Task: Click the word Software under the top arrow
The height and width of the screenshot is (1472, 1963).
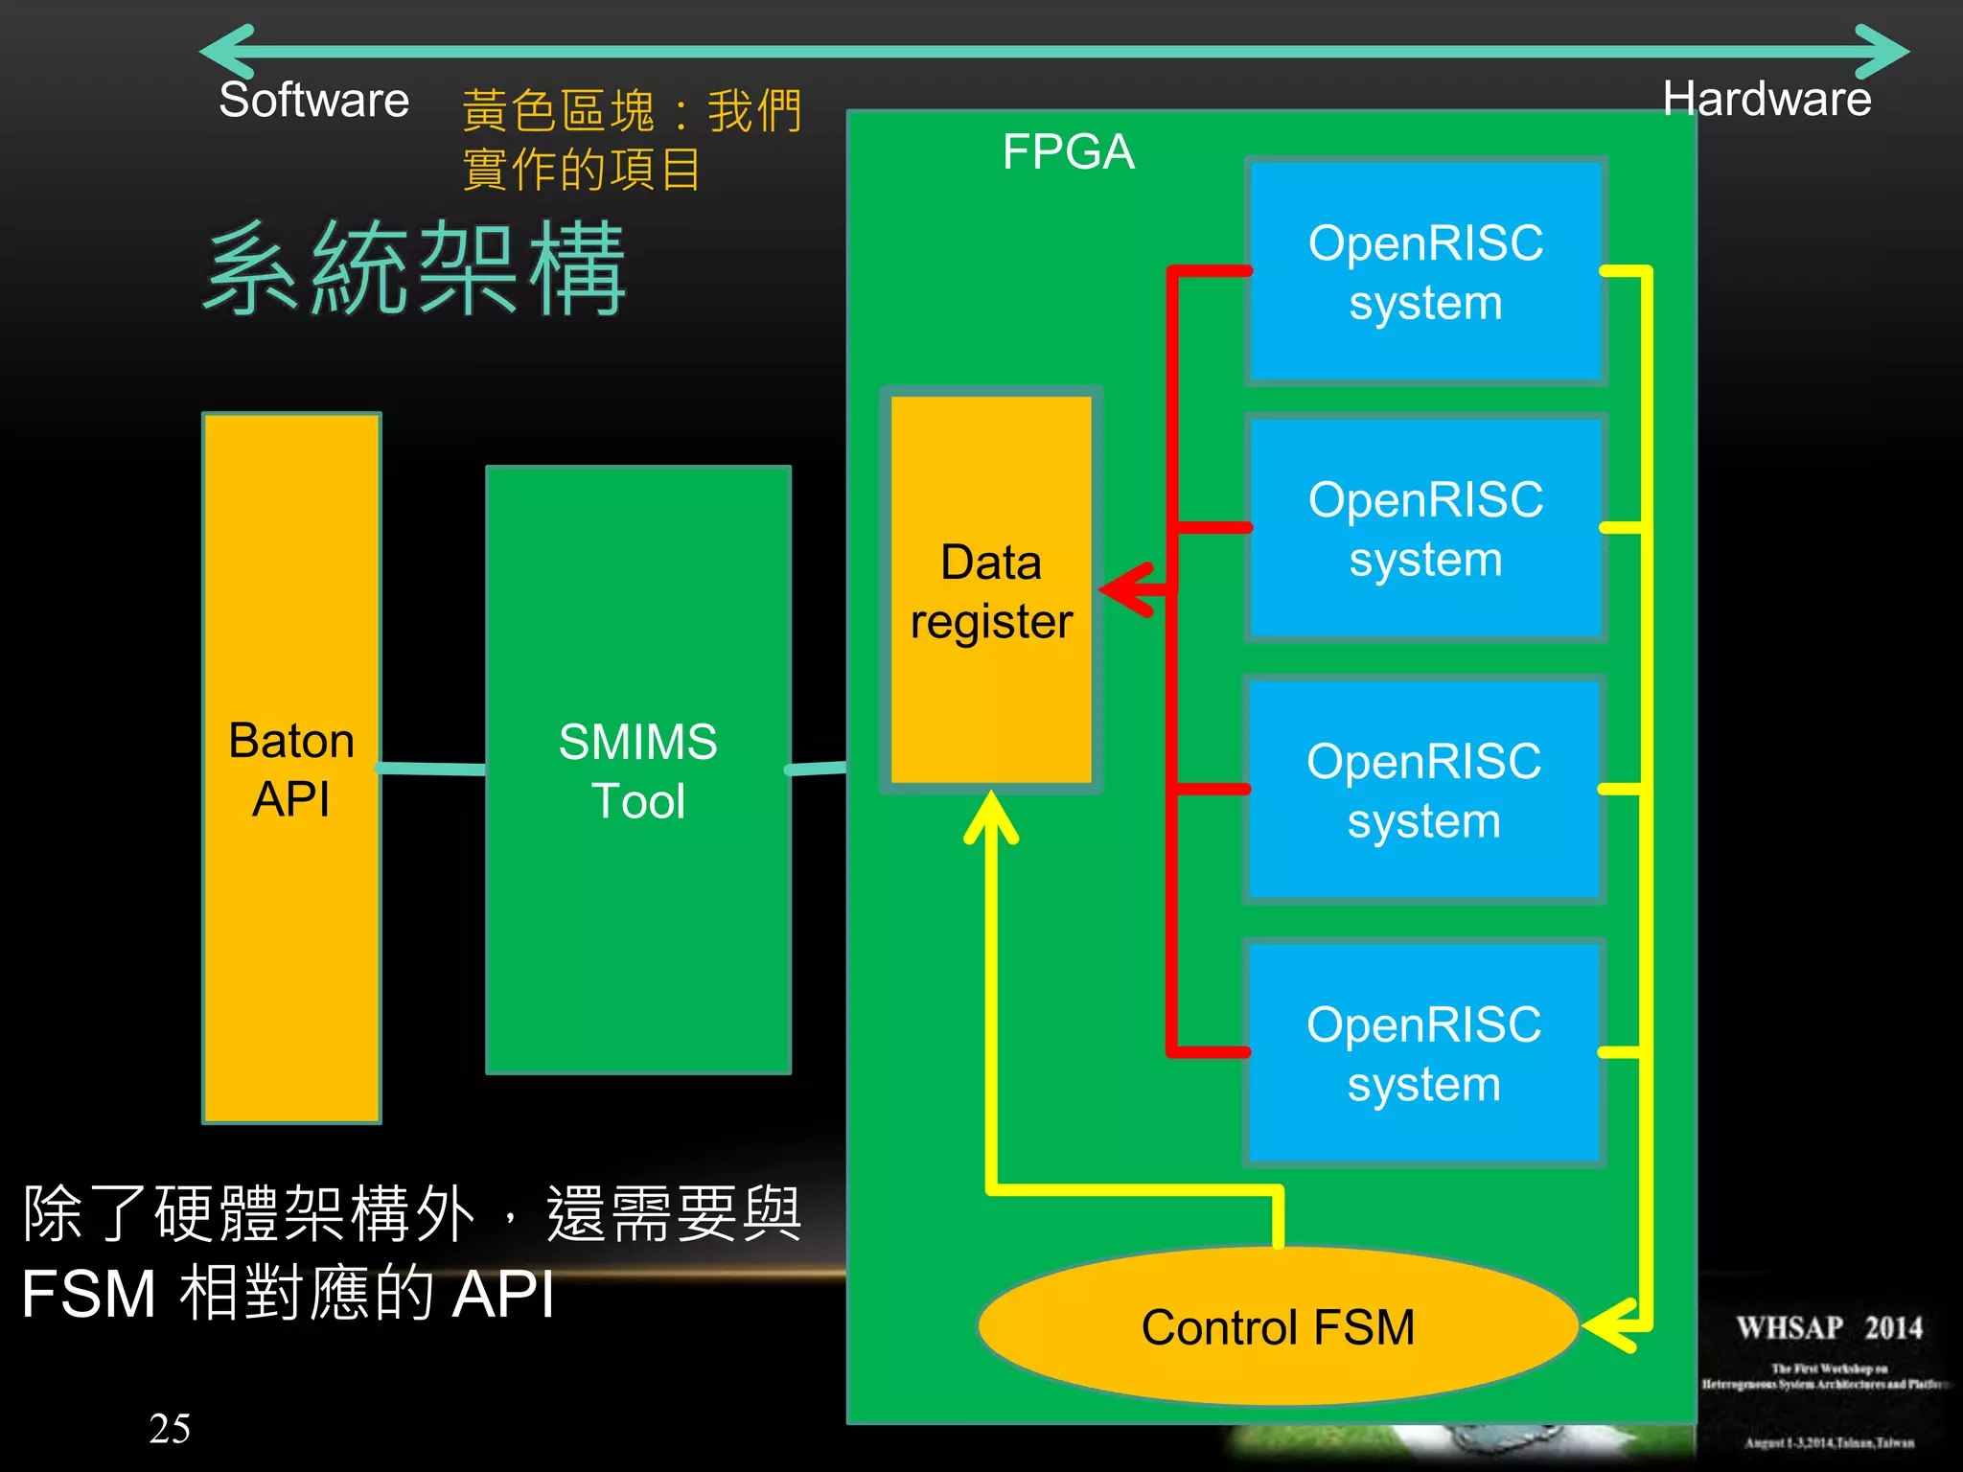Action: coord(313,100)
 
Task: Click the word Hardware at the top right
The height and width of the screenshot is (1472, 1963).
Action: coord(1766,99)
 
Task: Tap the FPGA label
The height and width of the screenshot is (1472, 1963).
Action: coord(1068,151)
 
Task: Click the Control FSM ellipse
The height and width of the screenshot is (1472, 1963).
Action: coord(1278,1327)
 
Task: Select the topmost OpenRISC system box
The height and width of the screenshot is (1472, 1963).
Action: coord(1425,272)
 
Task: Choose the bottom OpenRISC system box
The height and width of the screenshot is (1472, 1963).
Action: coord(1423,1053)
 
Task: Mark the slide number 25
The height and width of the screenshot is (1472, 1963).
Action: coord(170,1428)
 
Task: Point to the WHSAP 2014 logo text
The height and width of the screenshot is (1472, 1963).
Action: coord(1829,1328)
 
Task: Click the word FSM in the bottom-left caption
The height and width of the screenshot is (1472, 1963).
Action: coord(88,1294)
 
